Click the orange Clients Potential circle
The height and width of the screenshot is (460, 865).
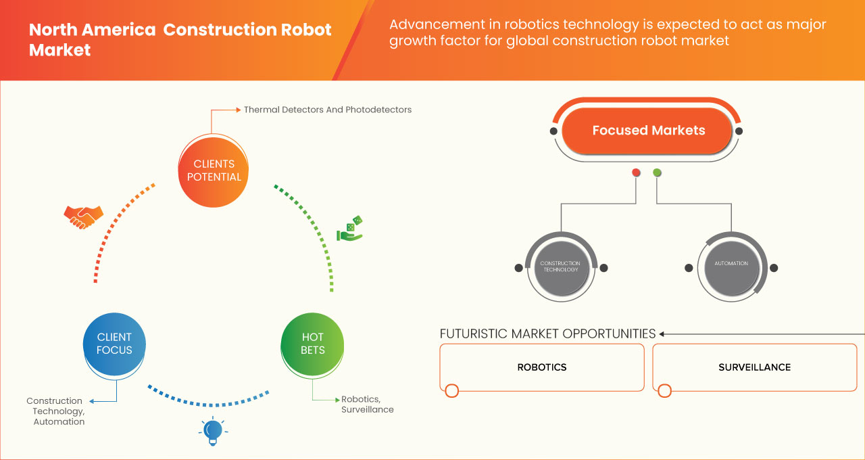click(214, 170)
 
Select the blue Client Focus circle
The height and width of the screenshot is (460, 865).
click(114, 344)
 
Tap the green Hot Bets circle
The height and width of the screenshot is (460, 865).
click(312, 344)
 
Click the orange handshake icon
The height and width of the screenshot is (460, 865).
click(83, 216)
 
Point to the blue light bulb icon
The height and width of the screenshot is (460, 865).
click(213, 431)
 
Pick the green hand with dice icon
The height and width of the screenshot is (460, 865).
click(349, 229)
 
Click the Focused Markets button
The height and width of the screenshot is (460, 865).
click(647, 131)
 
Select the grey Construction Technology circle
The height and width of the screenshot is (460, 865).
click(560, 267)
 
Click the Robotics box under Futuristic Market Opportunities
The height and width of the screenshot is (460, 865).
click(541, 367)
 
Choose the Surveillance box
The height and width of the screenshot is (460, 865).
click(754, 367)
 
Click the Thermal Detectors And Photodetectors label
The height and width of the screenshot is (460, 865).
click(327, 110)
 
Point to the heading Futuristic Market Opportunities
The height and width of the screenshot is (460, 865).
click(547, 333)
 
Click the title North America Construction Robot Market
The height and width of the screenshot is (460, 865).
click(180, 40)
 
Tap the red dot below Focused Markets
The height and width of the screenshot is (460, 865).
click(636, 173)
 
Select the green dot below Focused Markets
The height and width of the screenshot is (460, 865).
click(657, 173)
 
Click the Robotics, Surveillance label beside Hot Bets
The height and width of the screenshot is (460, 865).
click(367, 405)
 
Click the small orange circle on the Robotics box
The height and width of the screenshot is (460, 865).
click(452, 390)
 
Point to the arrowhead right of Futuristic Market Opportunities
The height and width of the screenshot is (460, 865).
click(662, 333)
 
